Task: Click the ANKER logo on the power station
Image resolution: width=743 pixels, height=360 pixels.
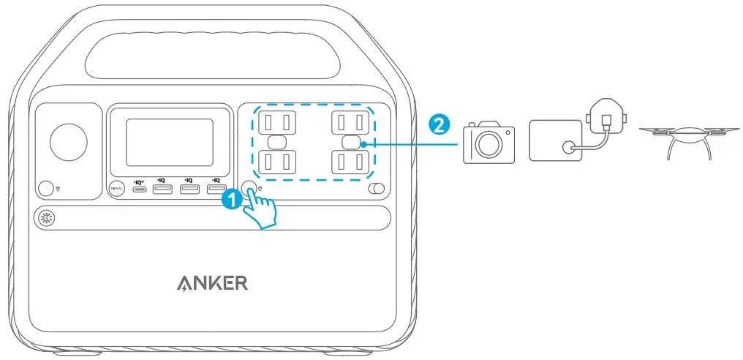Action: pos(211,283)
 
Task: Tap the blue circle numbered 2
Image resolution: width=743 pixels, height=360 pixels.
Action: pos(437,125)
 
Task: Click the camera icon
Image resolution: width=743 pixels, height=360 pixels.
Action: pos(487,142)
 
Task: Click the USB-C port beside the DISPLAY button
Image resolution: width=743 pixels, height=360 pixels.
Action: pos(139,190)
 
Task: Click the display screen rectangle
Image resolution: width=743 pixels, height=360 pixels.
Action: pos(170,142)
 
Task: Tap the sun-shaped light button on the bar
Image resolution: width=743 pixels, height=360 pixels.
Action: pos(47,219)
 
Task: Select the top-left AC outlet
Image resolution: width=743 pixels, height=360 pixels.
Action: pos(276,121)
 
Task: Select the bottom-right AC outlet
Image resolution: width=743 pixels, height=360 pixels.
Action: pos(352,160)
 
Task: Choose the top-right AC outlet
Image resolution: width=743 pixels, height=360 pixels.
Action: pos(352,121)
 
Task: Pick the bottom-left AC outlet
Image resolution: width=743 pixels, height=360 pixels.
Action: pos(276,160)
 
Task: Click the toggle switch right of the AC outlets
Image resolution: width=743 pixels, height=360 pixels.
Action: pos(376,190)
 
